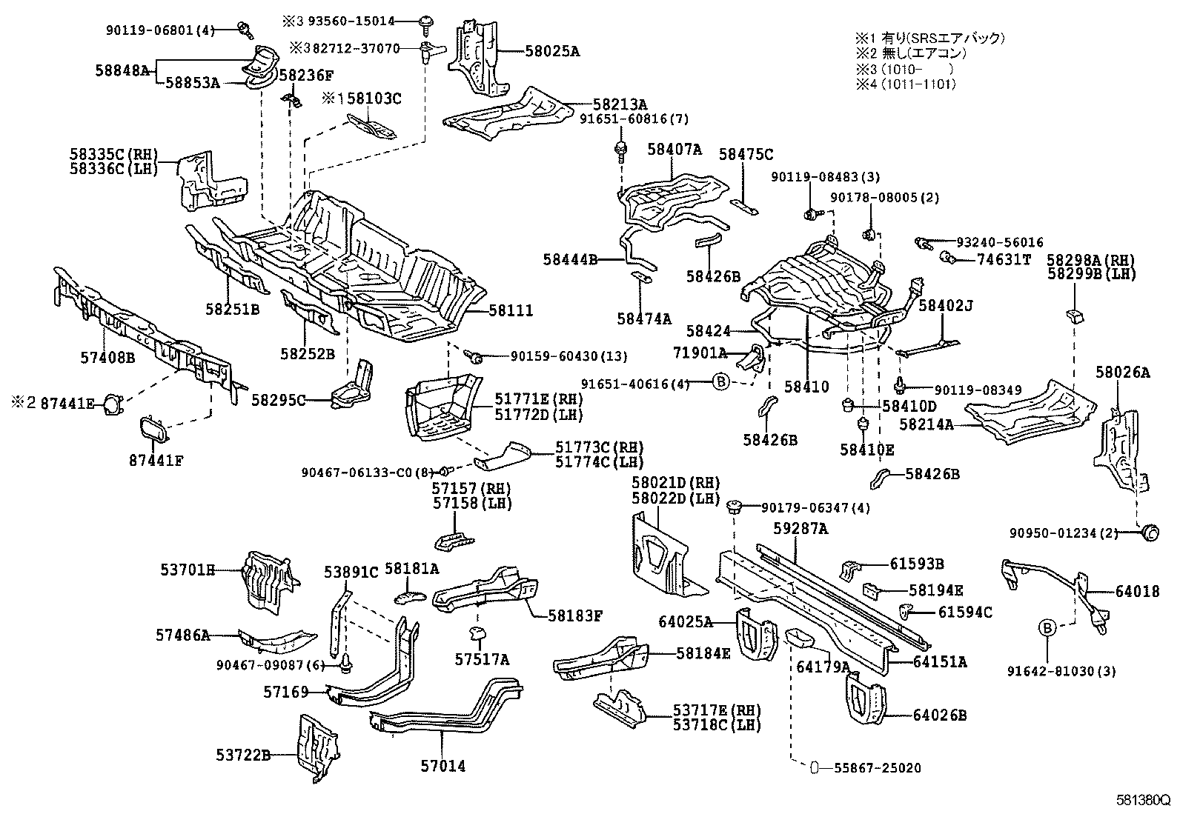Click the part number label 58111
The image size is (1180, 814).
(510, 311)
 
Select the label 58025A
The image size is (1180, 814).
(552, 51)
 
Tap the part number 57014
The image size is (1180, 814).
(444, 767)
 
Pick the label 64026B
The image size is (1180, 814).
(939, 715)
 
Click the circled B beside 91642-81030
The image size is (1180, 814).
(1047, 628)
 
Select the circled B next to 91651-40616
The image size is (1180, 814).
(721, 383)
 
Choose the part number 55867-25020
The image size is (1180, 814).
(871, 768)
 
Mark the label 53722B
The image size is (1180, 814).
(242, 755)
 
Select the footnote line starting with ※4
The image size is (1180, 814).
(905, 84)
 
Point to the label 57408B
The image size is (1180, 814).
(107, 358)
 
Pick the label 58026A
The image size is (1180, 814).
(1123, 373)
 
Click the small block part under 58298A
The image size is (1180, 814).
(1075, 317)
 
